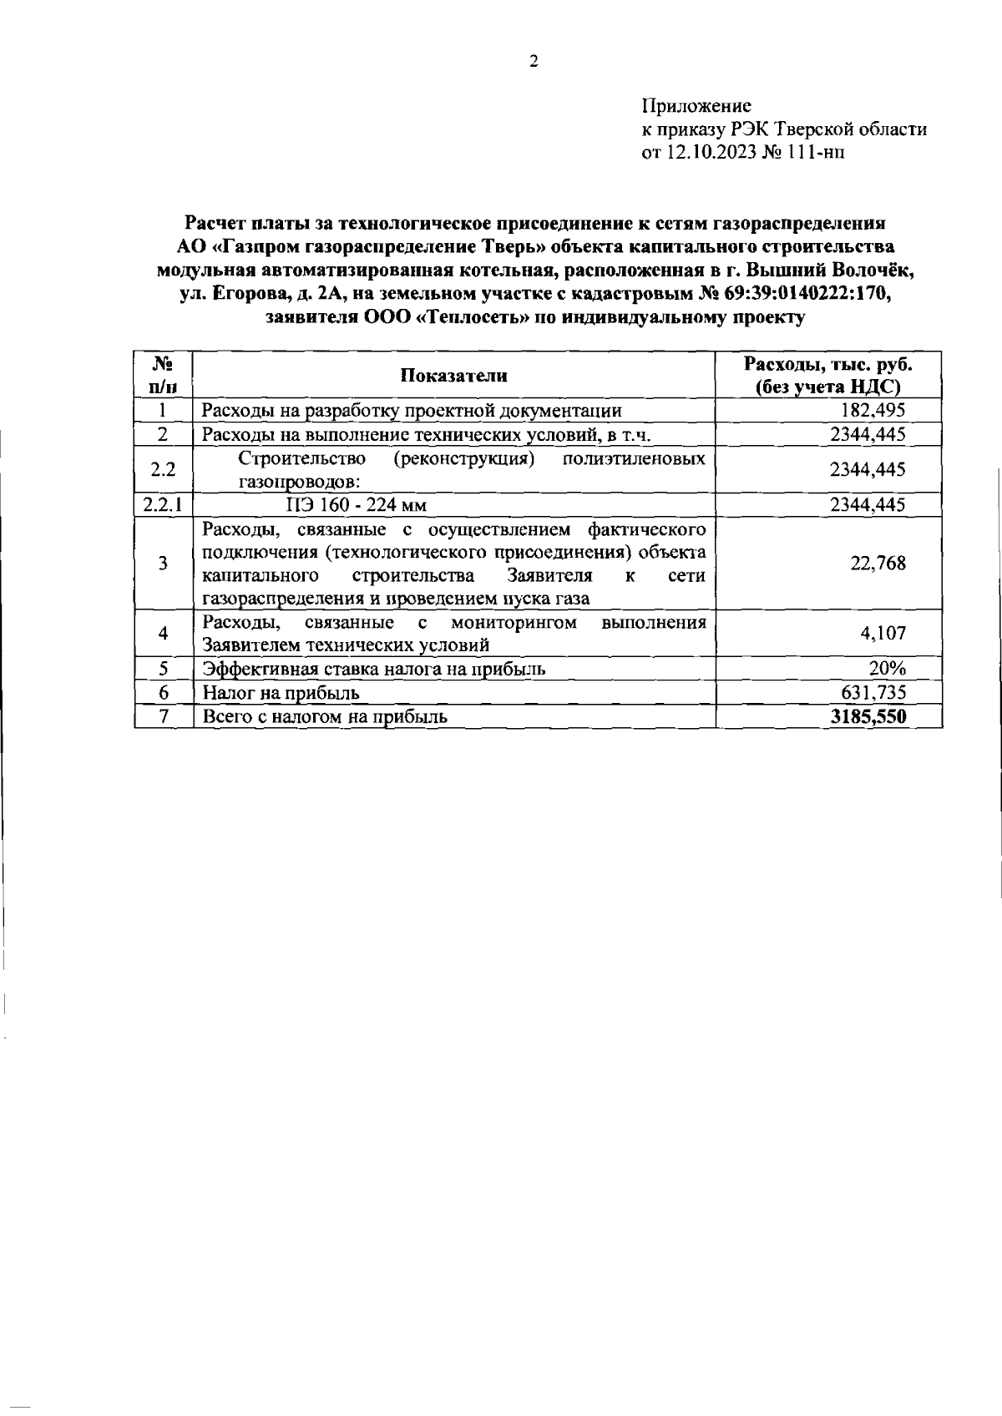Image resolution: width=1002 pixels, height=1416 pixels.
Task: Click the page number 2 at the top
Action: pos(534,59)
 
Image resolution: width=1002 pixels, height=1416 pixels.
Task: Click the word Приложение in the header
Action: pos(696,106)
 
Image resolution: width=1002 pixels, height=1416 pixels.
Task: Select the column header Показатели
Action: pos(453,375)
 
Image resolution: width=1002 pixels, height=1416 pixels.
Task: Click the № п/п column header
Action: pos(164,375)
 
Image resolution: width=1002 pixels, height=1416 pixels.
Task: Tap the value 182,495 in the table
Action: pos(874,410)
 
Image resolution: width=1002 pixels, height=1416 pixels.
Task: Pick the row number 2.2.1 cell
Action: pos(164,504)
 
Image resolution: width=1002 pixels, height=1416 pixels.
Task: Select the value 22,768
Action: pos(878,564)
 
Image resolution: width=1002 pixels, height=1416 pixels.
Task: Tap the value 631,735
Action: pos(874,692)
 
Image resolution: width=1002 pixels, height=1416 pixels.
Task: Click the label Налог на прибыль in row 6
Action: pos(281,692)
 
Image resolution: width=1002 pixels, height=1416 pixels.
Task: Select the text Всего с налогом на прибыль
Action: pos(325,716)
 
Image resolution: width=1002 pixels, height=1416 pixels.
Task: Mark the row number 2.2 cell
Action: pos(164,469)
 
